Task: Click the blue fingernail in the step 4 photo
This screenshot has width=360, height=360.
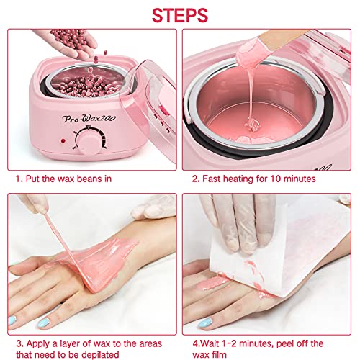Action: click(x=206, y=322)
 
